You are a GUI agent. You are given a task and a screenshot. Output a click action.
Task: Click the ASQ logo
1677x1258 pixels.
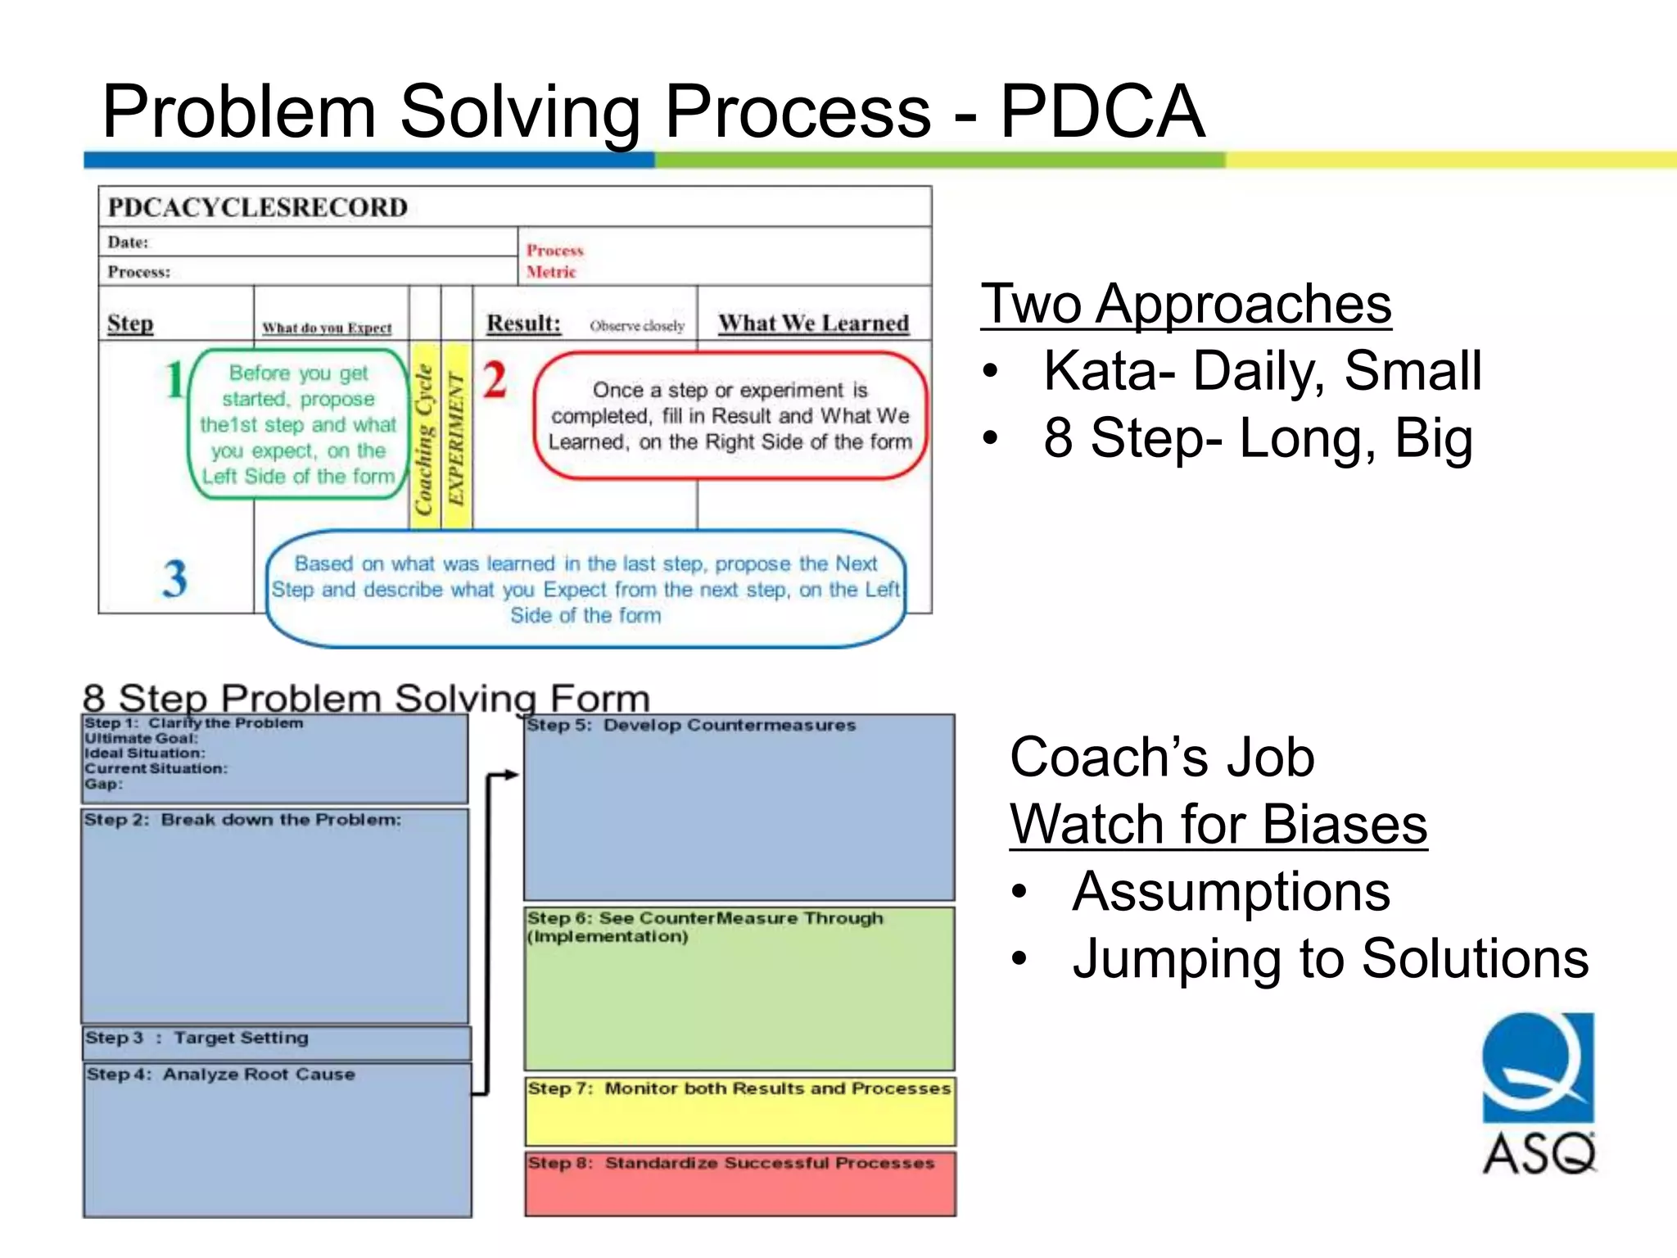tap(1538, 1093)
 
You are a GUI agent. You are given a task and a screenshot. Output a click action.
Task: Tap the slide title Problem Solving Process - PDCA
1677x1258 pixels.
tap(653, 111)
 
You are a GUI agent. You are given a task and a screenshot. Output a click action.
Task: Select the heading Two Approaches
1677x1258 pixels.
tap(1186, 304)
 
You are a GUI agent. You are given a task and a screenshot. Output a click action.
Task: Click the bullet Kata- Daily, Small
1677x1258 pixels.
tap(1262, 371)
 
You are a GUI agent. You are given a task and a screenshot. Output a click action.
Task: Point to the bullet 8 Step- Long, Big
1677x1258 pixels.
tap(1257, 438)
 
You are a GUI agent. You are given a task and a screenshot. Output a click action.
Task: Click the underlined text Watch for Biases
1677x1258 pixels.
tap(1218, 824)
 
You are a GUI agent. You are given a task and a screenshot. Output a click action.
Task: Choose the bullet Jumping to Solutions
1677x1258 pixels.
tap(1330, 958)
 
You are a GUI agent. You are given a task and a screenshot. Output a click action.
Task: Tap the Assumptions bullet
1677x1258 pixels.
tap(1231, 891)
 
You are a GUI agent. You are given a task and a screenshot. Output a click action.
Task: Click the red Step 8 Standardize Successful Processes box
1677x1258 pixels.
tap(740, 1184)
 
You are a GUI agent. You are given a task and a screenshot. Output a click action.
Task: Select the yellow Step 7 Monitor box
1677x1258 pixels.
tap(740, 1111)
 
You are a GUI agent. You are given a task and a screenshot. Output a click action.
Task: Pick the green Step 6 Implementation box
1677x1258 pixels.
tap(740, 989)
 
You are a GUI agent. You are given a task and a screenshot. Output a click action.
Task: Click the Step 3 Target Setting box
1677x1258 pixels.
tap(277, 1043)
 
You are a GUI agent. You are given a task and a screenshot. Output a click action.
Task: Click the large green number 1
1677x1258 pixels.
tap(174, 381)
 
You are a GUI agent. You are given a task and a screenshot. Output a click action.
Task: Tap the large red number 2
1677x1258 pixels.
tap(495, 381)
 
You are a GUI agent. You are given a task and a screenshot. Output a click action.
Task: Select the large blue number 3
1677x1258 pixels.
tap(174, 579)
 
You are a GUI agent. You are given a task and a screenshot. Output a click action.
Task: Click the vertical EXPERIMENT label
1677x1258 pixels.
tap(456, 439)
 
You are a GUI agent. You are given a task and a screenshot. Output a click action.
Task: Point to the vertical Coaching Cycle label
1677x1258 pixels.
tap(424, 439)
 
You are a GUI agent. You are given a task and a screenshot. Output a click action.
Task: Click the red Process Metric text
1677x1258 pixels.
tap(554, 260)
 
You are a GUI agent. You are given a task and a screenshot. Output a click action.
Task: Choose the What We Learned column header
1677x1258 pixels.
tap(813, 324)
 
